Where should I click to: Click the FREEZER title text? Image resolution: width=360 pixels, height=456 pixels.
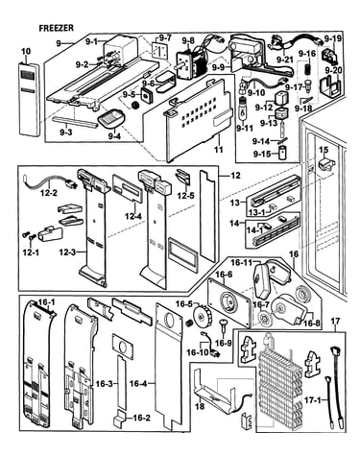56,28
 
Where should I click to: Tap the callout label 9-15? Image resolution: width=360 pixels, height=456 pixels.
261,154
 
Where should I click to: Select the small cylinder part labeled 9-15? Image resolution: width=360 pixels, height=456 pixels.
282,153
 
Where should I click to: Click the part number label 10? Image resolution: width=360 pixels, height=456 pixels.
26,51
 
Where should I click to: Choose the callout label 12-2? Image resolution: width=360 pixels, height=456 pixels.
48,193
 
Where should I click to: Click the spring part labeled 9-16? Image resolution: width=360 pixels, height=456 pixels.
308,69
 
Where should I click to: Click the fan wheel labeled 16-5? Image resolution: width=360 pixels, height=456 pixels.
203,317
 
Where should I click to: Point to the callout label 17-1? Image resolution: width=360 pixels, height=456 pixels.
319,400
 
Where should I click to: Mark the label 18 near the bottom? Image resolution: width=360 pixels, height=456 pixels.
200,406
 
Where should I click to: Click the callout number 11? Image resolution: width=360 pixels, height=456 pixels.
218,149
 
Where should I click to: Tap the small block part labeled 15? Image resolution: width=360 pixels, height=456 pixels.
325,163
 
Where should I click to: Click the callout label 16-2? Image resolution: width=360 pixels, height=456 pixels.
141,418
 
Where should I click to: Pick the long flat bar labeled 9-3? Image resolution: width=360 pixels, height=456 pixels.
75,121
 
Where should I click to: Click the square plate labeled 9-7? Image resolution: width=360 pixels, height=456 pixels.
158,51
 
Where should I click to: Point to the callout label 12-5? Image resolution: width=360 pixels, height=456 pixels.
183,195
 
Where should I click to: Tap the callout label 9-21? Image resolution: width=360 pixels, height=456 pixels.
284,59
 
